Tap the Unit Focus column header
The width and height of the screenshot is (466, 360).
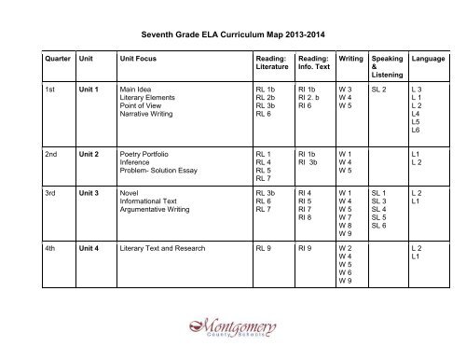coord(129,58)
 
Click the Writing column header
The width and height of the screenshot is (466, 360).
coord(350,58)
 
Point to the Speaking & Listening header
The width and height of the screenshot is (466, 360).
coord(387,64)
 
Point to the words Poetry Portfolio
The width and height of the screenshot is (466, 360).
coord(135,153)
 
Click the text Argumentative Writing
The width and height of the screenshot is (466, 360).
coord(148,212)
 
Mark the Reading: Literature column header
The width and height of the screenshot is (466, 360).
coord(269,62)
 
